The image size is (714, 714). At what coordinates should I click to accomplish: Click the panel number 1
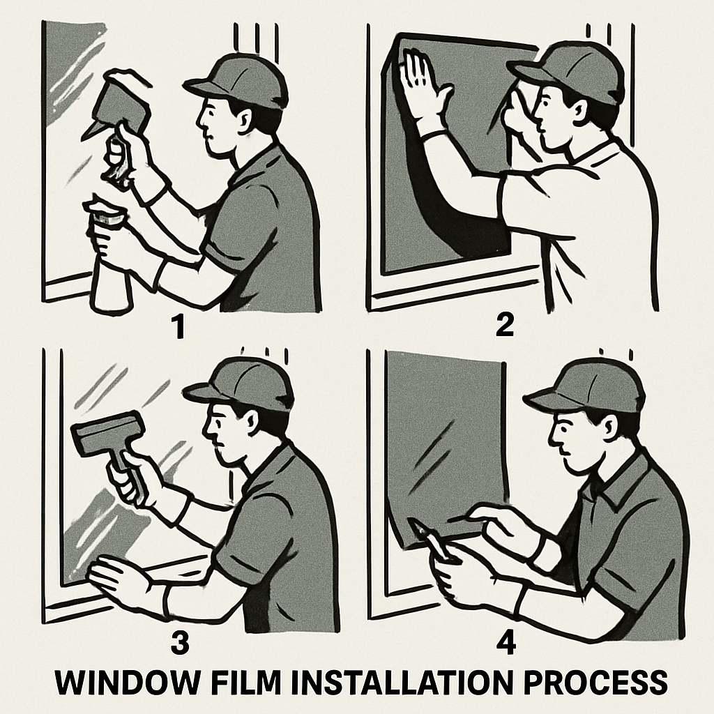(x=180, y=327)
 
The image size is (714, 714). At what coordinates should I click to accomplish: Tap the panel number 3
(x=180, y=644)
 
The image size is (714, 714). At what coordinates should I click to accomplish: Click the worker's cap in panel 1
(x=237, y=78)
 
